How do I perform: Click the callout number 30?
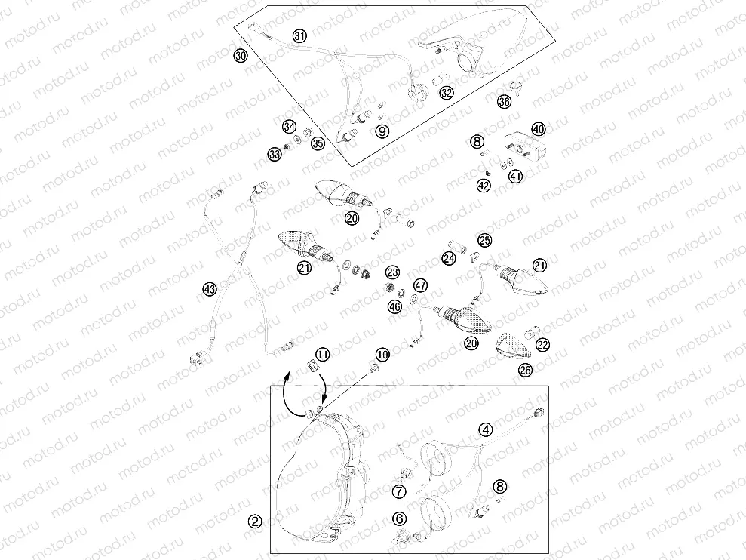click(240, 56)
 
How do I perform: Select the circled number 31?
click(300, 36)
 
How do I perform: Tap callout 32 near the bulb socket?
click(447, 93)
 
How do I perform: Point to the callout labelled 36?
click(505, 102)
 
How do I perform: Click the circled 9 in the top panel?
click(382, 131)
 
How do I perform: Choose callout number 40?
click(538, 129)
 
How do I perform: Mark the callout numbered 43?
click(209, 288)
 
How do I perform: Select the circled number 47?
click(419, 285)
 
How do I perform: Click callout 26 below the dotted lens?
click(525, 371)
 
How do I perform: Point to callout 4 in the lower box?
click(486, 429)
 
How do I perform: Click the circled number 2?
click(256, 521)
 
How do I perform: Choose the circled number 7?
click(399, 492)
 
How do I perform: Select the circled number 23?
click(391, 272)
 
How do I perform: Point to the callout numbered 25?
click(484, 240)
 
